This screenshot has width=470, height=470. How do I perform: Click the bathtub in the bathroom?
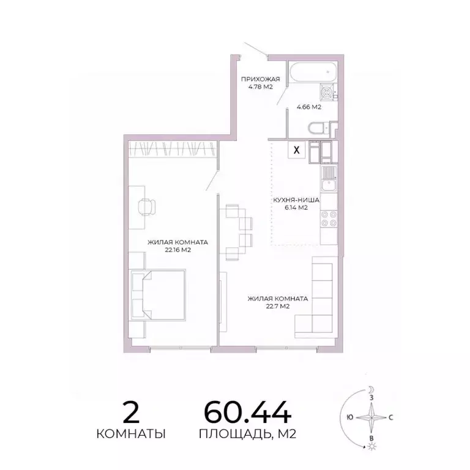click(x=312, y=73)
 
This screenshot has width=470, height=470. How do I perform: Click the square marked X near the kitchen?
click(x=297, y=149)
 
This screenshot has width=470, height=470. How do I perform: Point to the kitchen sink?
click(x=329, y=176)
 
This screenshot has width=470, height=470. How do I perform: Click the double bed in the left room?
click(x=158, y=294)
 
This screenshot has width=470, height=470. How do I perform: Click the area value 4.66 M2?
click(x=309, y=107)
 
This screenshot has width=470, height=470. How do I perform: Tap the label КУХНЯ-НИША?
click(x=294, y=200)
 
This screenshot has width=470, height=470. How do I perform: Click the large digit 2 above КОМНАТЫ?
click(x=132, y=412)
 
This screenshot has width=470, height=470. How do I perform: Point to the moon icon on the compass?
click(x=370, y=389)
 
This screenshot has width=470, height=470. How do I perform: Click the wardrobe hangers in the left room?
click(x=173, y=148)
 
